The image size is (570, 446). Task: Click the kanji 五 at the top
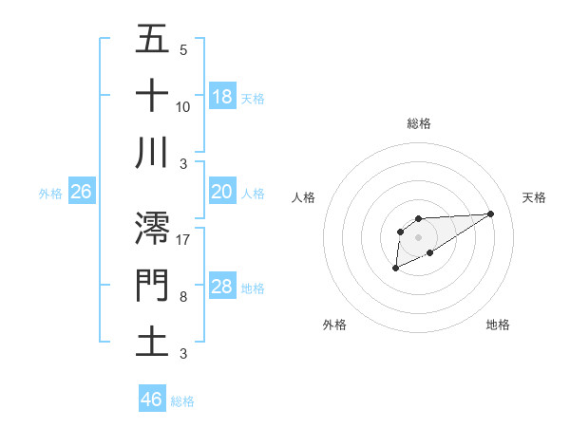pyautogui.click(x=152, y=39)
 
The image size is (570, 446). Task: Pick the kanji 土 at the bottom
pyautogui.click(x=152, y=342)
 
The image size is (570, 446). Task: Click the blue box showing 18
pyautogui.click(x=222, y=97)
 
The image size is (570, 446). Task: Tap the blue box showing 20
pyautogui.click(x=222, y=192)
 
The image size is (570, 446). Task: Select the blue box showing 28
pyautogui.click(x=222, y=287)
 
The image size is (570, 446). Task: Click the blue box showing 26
pyautogui.click(x=81, y=192)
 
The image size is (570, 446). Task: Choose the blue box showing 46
pyautogui.click(x=152, y=399)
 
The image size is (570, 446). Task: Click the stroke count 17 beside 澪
pyautogui.click(x=183, y=239)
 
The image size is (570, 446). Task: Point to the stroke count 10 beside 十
pyautogui.click(x=183, y=106)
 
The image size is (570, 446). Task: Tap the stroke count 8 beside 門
pyautogui.click(x=183, y=297)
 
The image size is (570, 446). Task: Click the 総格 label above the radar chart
pyautogui.click(x=418, y=123)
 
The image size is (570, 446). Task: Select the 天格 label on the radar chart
pyautogui.click(x=534, y=197)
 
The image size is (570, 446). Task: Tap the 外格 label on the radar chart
pyautogui.click(x=334, y=325)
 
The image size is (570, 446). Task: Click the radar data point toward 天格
pyautogui.click(x=491, y=213)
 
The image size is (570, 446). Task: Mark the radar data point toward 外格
pyautogui.click(x=395, y=269)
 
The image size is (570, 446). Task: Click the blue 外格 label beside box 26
pyautogui.click(x=50, y=194)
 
